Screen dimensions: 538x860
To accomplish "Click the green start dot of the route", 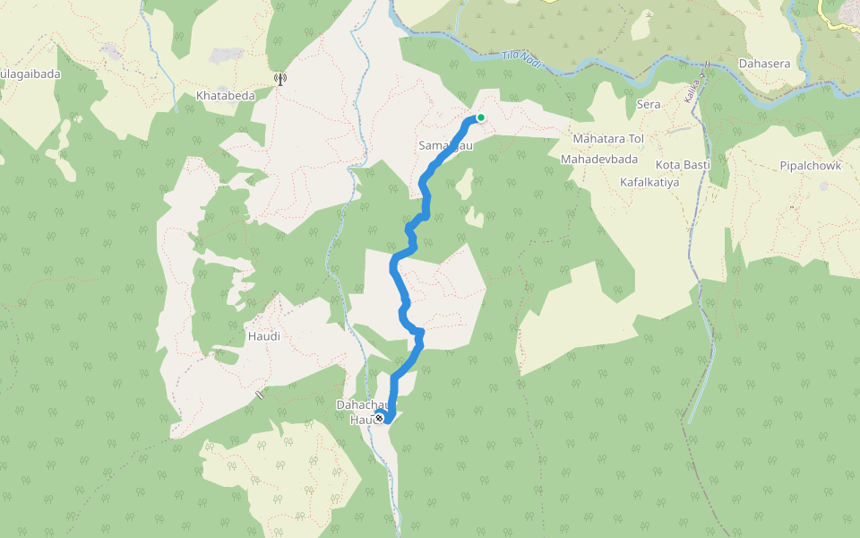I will [481, 117].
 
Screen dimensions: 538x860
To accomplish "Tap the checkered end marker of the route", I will [380, 419].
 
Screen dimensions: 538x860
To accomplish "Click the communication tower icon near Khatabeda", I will [280, 79].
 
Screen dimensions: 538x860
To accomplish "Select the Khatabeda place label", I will [226, 96].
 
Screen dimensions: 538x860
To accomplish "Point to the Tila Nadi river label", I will [522, 56].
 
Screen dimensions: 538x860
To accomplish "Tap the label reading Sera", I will [648, 105].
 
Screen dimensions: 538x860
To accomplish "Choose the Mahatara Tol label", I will [609, 139].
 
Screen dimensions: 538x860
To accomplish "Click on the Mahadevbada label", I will [598, 159].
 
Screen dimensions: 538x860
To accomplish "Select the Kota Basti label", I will [683, 165].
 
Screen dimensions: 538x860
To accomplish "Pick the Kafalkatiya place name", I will [649, 182].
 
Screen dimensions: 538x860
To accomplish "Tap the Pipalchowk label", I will [809, 166].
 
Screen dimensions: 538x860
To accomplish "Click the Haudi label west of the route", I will [263, 336].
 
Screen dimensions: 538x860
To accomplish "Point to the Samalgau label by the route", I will [444, 145].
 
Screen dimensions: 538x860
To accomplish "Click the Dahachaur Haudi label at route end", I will [362, 412].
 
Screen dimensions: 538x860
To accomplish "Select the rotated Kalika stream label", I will [692, 90].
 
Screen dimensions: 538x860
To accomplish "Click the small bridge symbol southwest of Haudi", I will [260, 394].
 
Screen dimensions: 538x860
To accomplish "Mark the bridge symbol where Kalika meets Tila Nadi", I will [707, 65].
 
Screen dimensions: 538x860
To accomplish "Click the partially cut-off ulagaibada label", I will [30, 74].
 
